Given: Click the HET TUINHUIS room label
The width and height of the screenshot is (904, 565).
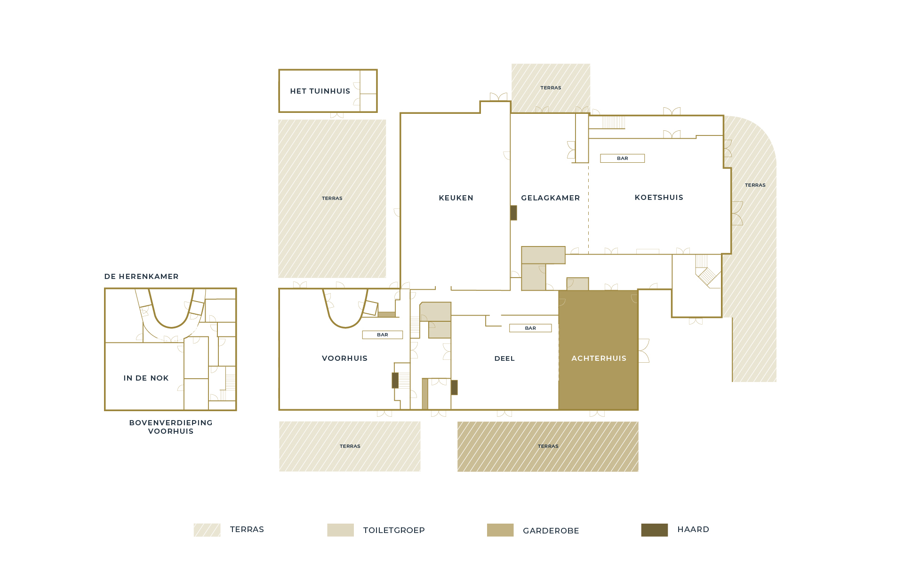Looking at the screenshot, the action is point(320,91).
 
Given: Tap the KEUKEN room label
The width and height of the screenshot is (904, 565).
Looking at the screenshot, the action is point(456,198).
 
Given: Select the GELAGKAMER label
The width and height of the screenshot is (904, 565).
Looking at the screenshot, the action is point(551,198).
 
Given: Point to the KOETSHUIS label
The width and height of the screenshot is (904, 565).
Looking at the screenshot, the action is point(659,198).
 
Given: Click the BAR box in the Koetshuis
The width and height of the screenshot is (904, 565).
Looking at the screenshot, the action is point(623,159).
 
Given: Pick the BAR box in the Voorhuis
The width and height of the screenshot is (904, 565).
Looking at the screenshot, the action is point(383,335).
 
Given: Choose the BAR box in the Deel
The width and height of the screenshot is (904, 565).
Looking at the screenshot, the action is point(530,328).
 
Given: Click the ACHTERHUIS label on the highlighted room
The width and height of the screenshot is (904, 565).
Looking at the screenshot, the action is point(599,358).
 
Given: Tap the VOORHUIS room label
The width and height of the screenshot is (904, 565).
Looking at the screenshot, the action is point(344,358).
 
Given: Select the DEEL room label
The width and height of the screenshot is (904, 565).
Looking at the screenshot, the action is point(504,358).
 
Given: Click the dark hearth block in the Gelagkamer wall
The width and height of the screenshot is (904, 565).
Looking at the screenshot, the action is point(514,213).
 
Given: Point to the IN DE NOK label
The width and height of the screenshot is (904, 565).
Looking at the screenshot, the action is point(146,378).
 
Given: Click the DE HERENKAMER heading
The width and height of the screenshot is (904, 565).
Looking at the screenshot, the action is point(142,277).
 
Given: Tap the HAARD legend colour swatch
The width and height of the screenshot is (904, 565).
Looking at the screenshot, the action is point(655,530).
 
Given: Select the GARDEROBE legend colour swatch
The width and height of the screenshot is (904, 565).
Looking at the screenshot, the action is point(500,530).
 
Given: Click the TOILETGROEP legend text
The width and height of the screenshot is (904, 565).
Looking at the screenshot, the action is point(394,530).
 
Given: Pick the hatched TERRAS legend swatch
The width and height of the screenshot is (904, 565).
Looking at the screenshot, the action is point(207,530).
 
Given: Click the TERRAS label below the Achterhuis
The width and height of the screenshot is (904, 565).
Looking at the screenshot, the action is point(548,446).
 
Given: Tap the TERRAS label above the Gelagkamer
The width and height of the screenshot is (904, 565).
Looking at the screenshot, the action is point(551,88).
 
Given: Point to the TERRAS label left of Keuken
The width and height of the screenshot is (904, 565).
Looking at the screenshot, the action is point(332,199).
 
